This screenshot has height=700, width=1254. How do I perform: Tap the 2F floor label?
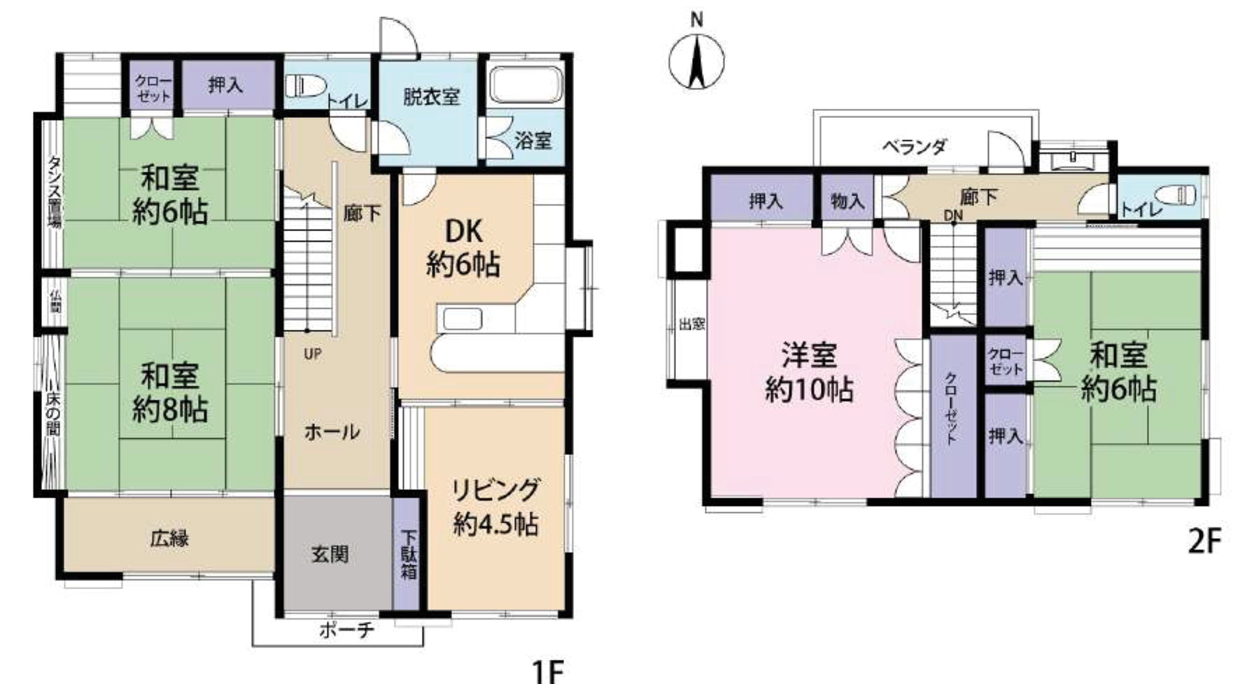tap(1205, 541)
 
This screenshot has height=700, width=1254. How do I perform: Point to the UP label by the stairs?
tap(312, 354)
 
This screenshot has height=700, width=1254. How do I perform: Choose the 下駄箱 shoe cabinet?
tap(408, 555)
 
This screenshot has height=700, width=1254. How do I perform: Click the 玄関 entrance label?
tap(330, 554)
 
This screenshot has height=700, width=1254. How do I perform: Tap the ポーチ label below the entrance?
tap(347, 631)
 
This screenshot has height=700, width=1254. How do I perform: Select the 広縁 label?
tap(169, 539)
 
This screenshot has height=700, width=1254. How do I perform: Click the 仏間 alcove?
tap(55, 301)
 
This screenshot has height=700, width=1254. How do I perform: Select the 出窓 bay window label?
tap(692, 324)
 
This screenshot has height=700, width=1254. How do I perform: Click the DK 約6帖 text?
tap(463, 248)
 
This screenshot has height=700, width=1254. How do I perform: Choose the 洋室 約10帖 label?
tap(809, 372)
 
